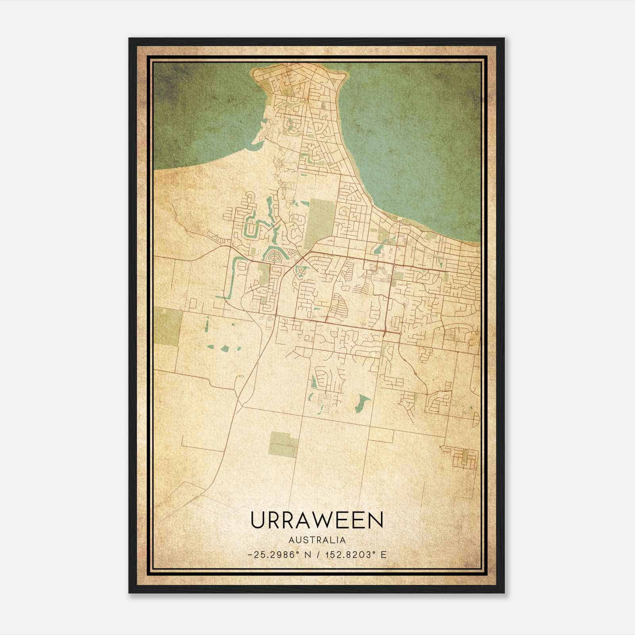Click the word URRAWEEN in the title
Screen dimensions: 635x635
pos(317,520)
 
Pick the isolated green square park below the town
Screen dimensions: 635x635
pos(283,444)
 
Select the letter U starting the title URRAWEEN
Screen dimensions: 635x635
pos(258,520)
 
